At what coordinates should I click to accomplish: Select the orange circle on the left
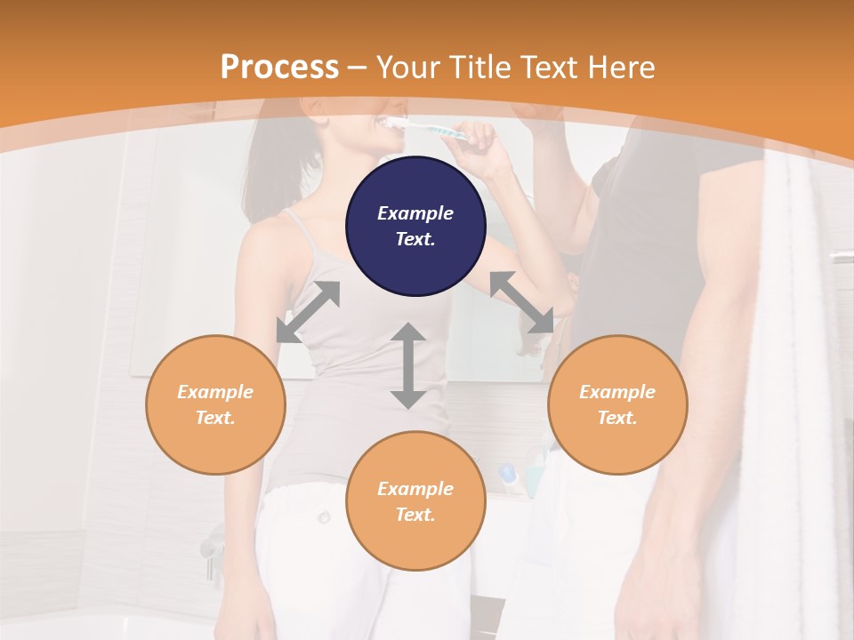click(215, 404)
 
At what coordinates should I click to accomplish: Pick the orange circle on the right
click(617, 404)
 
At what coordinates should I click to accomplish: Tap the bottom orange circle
click(415, 500)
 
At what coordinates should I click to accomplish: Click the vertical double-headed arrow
click(408, 365)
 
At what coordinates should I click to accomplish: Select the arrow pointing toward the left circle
click(308, 312)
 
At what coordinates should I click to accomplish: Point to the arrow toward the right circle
click(522, 302)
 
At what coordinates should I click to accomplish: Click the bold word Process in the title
click(279, 67)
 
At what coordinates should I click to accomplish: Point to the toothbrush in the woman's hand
click(441, 132)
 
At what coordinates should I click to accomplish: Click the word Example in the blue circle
click(415, 213)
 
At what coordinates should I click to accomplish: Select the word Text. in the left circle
click(215, 418)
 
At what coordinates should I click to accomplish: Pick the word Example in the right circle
click(617, 392)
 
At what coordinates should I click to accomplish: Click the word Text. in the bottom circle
click(415, 515)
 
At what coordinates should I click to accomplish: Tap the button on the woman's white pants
click(325, 517)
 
